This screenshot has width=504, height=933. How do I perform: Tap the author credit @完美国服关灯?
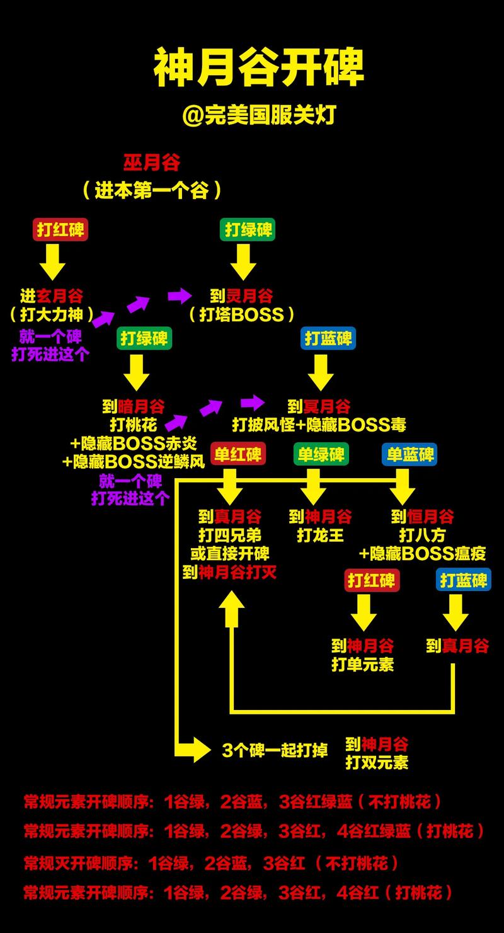click(259, 115)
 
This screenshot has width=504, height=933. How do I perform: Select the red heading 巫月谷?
click(151, 163)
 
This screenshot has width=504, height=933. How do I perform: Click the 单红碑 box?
click(238, 455)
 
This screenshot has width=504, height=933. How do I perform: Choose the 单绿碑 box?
click(321, 455)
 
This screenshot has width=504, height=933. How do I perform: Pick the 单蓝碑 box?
click(410, 455)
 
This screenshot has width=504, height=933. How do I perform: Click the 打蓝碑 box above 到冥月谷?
click(328, 338)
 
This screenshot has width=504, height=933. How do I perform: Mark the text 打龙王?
click(321, 535)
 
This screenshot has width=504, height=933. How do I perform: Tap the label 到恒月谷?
click(422, 517)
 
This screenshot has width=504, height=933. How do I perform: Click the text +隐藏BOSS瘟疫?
click(422, 554)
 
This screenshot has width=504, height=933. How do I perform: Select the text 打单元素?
click(362, 664)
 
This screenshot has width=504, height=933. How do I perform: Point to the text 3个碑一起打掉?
click(275, 750)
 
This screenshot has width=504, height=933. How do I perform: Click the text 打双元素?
click(377, 762)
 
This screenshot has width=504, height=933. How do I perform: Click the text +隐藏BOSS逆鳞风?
click(134, 462)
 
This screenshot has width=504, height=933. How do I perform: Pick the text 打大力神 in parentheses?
click(52, 314)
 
